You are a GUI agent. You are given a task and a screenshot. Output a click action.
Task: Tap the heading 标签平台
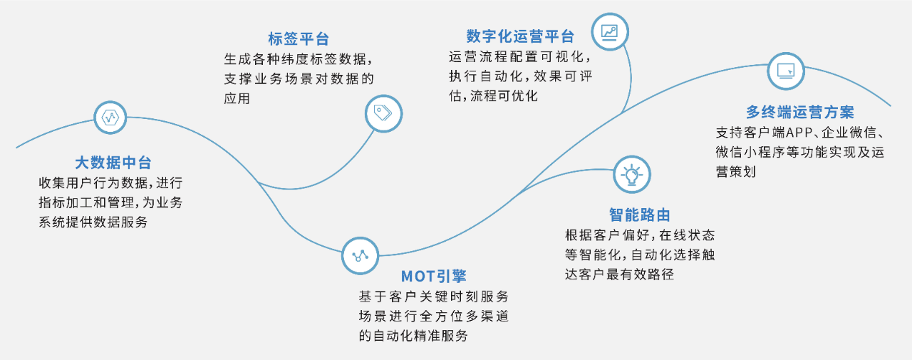[299, 39]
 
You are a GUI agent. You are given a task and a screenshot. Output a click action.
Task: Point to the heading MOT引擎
[433, 276]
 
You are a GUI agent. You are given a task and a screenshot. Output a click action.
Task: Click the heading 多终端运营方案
[800, 113]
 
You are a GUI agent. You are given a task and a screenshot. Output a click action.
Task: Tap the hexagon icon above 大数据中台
[110, 118]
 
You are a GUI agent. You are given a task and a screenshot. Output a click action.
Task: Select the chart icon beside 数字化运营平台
[610, 32]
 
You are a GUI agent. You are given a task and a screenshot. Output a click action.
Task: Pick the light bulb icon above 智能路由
[631, 175]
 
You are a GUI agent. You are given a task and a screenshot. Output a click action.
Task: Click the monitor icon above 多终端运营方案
[786, 70]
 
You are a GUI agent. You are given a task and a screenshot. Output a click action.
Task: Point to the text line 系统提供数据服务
[93, 222]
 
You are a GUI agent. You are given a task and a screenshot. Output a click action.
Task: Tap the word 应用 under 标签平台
[237, 98]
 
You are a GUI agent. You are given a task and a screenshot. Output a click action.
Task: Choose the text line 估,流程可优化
[493, 96]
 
